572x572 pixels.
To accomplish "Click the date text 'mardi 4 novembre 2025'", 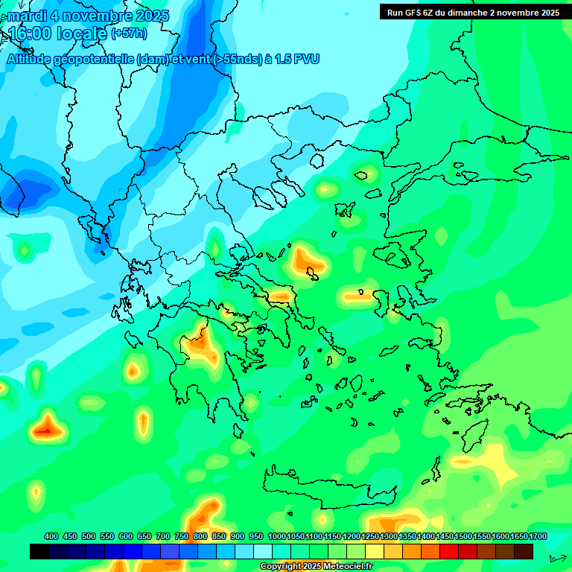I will click(x=89, y=16).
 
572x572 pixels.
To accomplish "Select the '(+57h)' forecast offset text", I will click(x=129, y=34).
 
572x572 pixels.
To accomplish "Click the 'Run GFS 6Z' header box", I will click(x=473, y=12).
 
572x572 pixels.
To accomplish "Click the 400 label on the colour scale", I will click(x=51, y=537).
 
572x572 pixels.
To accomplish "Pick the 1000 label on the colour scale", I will click(x=277, y=537).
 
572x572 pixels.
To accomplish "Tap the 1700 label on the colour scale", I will click(x=538, y=537).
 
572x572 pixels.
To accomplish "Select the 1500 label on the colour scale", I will click(x=463, y=537).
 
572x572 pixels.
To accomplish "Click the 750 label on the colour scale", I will click(x=182, y=537).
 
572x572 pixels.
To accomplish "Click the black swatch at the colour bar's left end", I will click(x=39, y=551).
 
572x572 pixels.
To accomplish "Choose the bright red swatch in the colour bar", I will click(x=449, y=551).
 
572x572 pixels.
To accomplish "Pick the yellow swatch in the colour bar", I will click(x=375, y=551).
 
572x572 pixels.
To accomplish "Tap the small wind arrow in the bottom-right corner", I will click(x=557, y=558).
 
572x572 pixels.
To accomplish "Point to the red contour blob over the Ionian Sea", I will click(x=46, y=428).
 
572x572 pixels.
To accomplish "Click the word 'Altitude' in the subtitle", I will click(x=34, y=60).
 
